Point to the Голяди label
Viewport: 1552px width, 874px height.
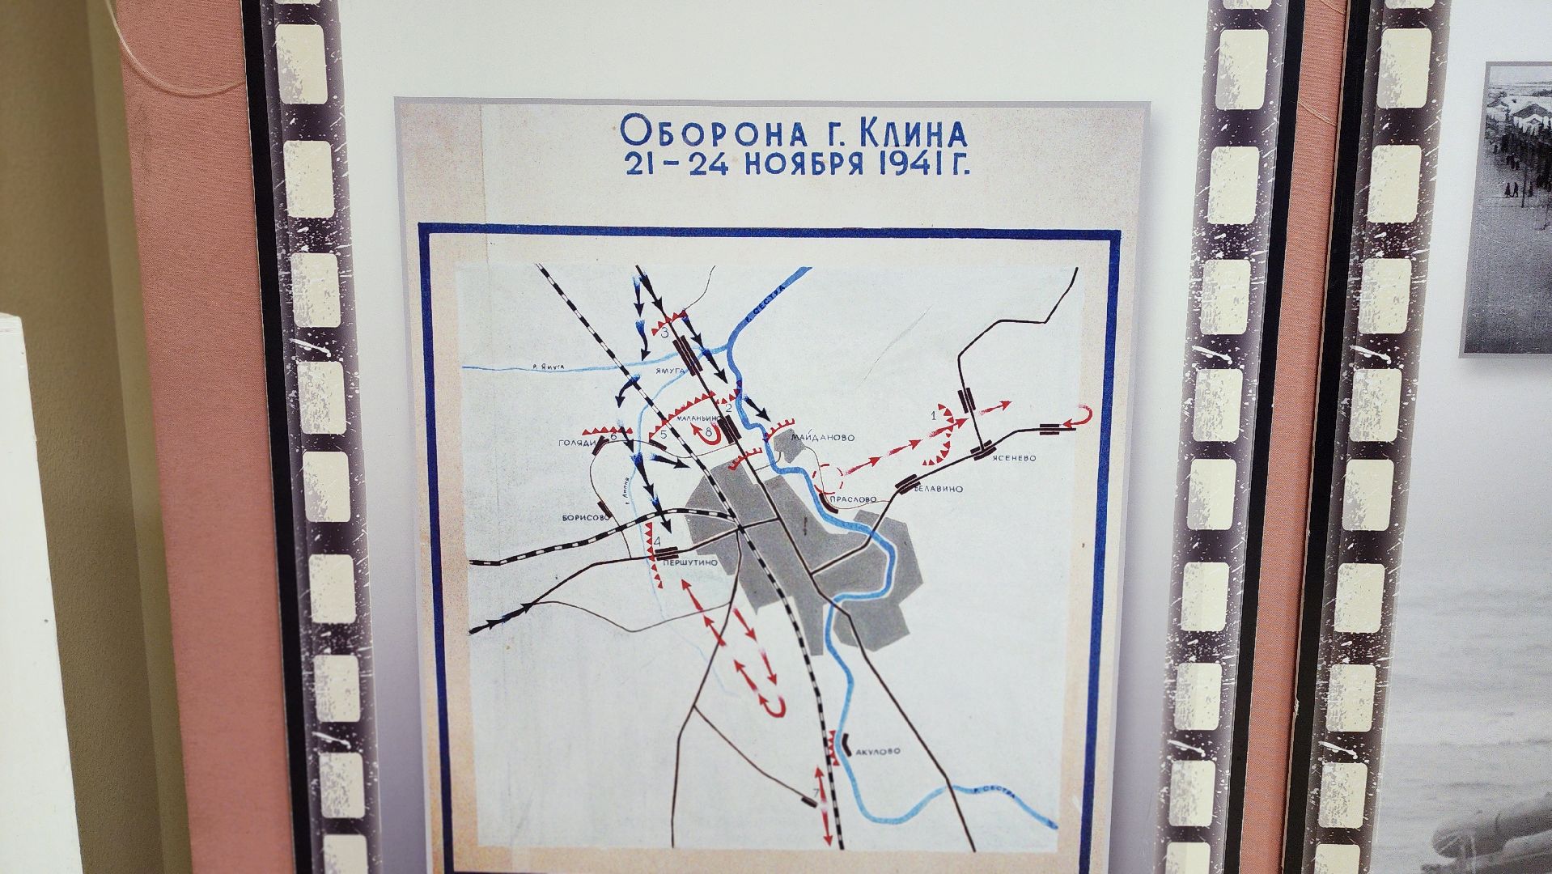tap(577, 443)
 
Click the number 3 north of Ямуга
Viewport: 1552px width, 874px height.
tap(664, 333)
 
